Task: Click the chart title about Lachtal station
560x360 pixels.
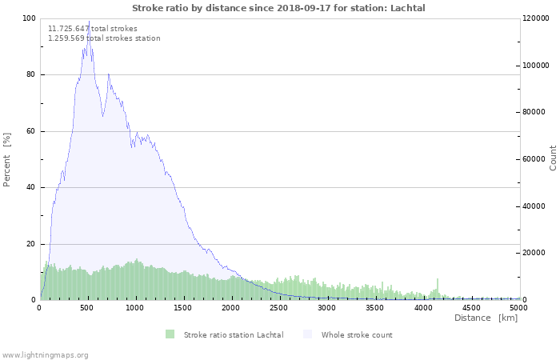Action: tap(278, 8)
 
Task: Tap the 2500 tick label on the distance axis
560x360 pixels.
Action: tap(278, 308)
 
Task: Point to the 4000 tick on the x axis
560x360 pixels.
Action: tap(423, 308)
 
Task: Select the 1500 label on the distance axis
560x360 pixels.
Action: tap(182, 308)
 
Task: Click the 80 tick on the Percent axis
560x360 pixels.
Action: tap(31, 74)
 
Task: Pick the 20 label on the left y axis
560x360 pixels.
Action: tap(31, 244)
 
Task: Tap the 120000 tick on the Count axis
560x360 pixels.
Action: tap(535, 18)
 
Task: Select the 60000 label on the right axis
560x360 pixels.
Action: tap(534, 159)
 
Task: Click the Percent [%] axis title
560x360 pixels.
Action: tap(6, 160)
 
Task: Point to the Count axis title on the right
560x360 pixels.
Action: tap(553, 158)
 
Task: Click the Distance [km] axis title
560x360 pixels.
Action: tap(486, 318)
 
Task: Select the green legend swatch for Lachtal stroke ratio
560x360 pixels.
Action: tap(170, 334)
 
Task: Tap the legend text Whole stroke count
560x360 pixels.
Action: tap(357, 335)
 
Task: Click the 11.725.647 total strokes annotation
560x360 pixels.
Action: tap(93, 29)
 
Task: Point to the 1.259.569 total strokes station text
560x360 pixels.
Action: tap(104, 38)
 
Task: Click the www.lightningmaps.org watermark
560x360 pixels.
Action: tap(45, 355)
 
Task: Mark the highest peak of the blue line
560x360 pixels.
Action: tap(89, 21)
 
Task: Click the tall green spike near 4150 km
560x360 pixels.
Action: tap(437, 290)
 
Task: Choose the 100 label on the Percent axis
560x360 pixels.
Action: tap(29, 18)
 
